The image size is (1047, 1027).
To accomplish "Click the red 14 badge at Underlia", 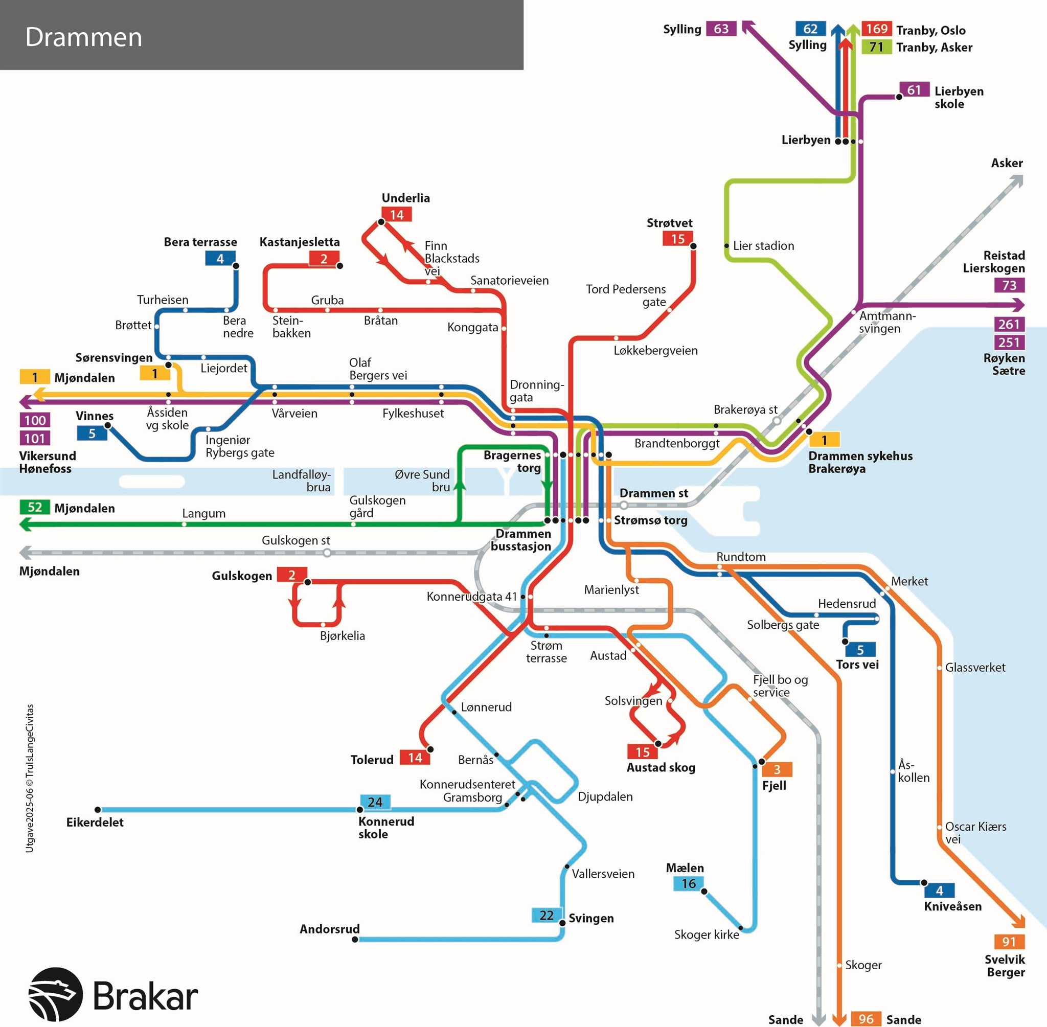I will point(397,215).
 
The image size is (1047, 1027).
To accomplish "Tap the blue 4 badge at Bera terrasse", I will point(219,258).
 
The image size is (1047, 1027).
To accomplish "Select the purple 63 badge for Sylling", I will point(721,29).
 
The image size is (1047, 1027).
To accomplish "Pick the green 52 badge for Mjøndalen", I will point(35,507).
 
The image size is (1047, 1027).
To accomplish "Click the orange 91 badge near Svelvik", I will point(1009,942).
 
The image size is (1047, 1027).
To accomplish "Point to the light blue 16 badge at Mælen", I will point(688,883).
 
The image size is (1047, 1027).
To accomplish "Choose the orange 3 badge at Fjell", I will point(777,769).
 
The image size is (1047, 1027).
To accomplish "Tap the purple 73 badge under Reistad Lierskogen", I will point(1009,285).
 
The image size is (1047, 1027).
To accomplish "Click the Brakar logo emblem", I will point(56,994).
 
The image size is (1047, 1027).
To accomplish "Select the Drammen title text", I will point(84,37).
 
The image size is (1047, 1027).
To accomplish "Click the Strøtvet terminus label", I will point(669,223).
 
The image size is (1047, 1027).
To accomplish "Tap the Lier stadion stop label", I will point(763,246).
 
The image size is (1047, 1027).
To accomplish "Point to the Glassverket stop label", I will point(975,667).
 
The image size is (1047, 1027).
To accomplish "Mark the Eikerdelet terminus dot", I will point(98,810).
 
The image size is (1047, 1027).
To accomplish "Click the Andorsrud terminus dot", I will point(355,939).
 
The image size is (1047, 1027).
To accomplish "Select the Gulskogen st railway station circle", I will point(327,553).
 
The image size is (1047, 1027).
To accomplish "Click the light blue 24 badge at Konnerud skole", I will point(375,802).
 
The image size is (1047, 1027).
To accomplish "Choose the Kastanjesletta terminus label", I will point(300,242).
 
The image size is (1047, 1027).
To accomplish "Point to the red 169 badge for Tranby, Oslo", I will point(877,29).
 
